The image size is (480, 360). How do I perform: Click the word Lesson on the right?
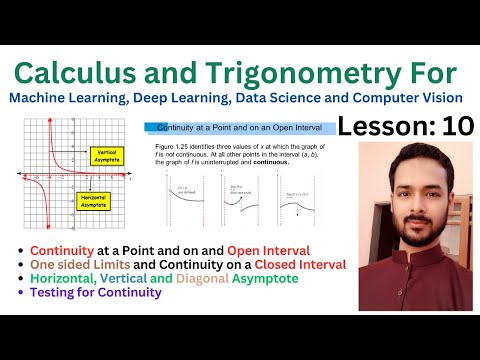[380, 126]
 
